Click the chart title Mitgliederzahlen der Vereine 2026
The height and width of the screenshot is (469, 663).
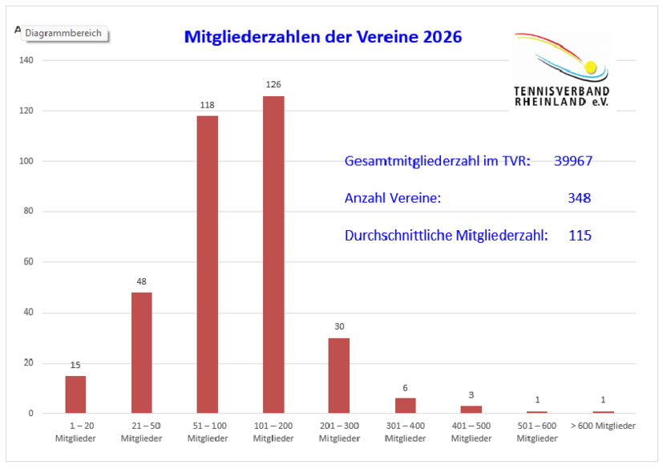coord(323,37)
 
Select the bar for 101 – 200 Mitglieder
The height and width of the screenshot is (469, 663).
coord(273,254)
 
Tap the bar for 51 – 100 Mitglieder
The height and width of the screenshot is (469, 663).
coord(208,265)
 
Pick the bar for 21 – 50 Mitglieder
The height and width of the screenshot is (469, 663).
coord(141,353)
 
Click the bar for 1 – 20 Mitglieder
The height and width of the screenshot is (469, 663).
coord(75,394)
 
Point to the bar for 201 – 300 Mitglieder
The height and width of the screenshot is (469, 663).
coord(339,375)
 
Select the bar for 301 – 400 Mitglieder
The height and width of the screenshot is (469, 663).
coord(406,406)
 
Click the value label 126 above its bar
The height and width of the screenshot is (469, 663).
coord(273,84)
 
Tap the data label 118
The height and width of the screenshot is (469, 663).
coord(208,104)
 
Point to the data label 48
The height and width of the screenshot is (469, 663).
coord(141,281)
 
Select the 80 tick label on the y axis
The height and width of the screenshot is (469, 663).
coord(30,212)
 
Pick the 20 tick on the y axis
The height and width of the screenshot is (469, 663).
coord(30,363)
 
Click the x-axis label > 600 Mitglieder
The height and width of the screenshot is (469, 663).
coord(602,426)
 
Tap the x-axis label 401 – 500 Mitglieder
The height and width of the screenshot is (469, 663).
coord(471,432)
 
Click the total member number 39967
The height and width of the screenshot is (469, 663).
coord(572,161)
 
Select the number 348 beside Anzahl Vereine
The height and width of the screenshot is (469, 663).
coord(578,198)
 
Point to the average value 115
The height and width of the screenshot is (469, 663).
coord(579,236)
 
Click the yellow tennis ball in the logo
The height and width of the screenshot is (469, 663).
coord(591,67)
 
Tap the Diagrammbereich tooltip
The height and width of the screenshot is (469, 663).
coord(63,34)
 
